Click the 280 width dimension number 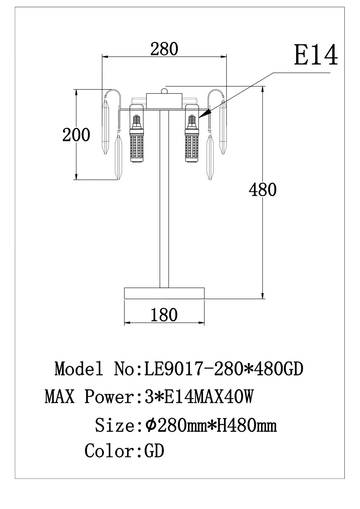pos(164,49)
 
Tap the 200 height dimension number pos(76,135)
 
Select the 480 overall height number pos(262,190)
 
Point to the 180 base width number pos(164,315)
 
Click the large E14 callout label pos(316,55)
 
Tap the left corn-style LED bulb pos(137,139)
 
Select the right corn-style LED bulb pos(192,139)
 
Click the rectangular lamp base pos(164,293)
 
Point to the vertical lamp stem pos(164,199)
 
